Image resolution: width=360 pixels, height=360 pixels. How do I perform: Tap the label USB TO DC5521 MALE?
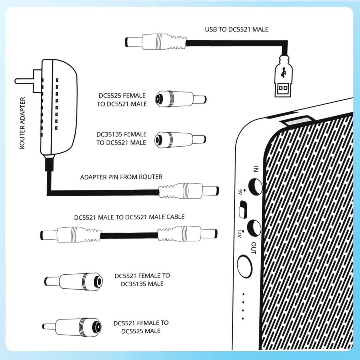click(236, 29)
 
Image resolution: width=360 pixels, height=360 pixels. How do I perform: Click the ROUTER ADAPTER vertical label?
click(22, 123)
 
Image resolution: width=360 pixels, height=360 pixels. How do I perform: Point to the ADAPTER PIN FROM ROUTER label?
click(121, 177)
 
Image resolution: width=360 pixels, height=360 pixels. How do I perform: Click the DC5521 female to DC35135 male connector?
click(74, 281)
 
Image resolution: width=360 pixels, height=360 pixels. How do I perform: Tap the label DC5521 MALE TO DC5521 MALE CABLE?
click(129, 217)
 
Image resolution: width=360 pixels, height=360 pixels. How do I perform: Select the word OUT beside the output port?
click(253, 248)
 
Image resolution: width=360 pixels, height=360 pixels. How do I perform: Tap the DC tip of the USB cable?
click(132, 42)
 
